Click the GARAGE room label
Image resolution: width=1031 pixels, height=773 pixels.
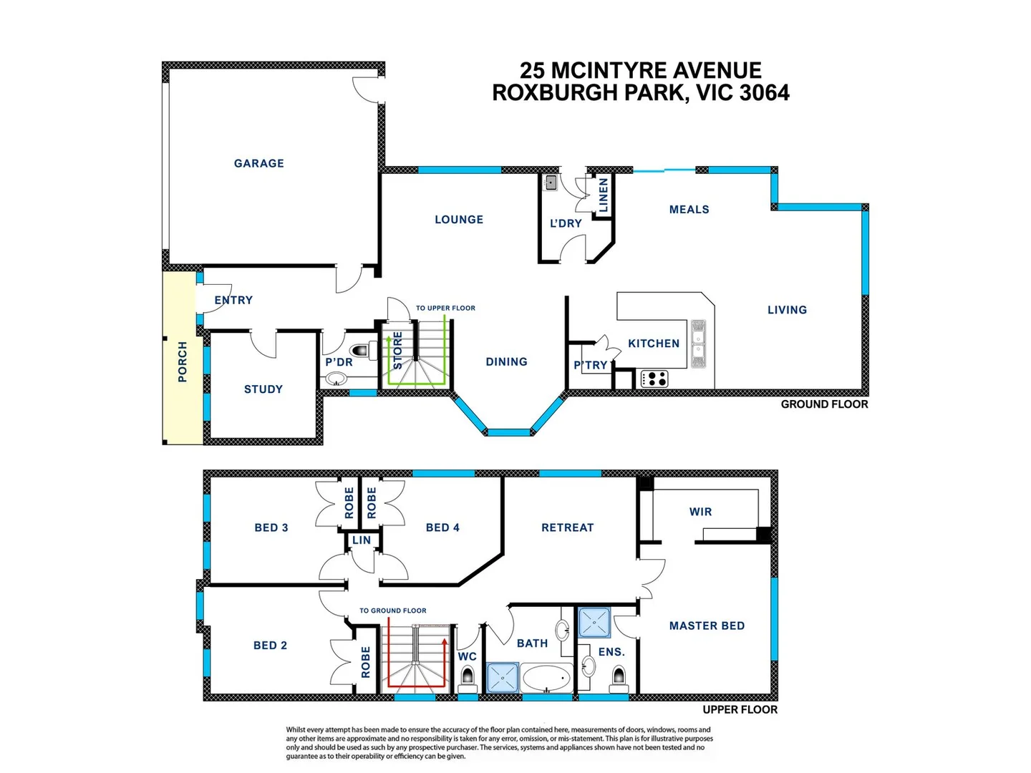pos(258,163)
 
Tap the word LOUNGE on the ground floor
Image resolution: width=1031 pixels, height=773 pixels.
pos(459,220)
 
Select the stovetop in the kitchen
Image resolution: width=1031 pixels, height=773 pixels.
pos(653,378)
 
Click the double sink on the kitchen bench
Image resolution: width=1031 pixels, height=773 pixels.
pos(698,344)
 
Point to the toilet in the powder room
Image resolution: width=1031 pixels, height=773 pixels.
pos(359,351)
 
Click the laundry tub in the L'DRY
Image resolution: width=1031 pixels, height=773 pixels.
pos(551,183)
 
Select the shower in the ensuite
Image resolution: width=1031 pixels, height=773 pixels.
pos(594,623)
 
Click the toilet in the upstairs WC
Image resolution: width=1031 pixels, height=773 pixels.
pos(468,676)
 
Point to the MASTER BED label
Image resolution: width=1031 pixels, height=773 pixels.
pos(707,626)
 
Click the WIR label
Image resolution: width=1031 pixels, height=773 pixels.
pos(700,512)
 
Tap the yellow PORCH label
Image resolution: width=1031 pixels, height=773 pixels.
pos(183,361)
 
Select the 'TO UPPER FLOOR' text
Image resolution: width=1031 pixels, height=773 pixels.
pos(445,308)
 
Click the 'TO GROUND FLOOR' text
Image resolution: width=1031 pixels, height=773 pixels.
pos(392,611)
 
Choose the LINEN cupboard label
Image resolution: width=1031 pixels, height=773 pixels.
pos(604,195)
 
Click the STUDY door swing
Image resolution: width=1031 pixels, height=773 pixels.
pos(263,344)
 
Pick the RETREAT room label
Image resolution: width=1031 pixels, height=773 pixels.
pos(567,528)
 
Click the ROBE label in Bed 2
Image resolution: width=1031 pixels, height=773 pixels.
pos(366,662)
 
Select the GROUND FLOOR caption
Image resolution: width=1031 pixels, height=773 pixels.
pos(824,404)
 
